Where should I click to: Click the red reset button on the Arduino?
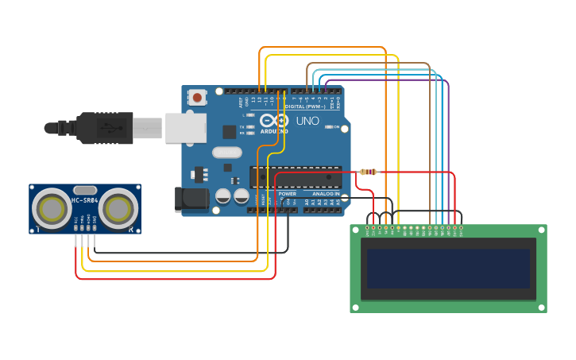tap(197, 98)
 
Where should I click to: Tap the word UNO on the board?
tap(307, 122)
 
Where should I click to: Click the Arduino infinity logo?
tap(275, 120)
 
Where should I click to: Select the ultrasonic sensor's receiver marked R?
tap(118, 209)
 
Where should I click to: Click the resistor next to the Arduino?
tap(368, 172)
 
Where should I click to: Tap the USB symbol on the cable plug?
tap(103, 127)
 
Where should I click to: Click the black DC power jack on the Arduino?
tap(191, 199)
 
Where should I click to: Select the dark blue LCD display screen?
tap(448, 269)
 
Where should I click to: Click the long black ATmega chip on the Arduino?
tap(296, 177)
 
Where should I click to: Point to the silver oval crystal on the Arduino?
tap(226, 153)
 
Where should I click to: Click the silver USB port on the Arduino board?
tap(186, 128)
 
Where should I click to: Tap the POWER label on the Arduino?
tap(288, 193)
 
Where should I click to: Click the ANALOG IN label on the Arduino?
tap(326, 193)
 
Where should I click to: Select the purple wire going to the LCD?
tap(449, 143)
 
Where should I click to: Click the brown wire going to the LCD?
tap(430, 143)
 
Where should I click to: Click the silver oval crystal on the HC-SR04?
tap(85, 190)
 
